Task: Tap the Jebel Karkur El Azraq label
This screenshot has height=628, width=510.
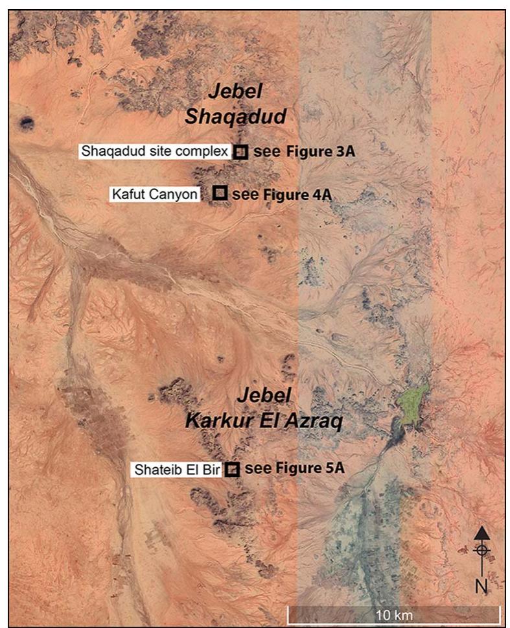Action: pyautogui.click(x=264, y=408)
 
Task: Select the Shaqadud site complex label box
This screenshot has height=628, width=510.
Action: pyautogui.click(x=155, y=151)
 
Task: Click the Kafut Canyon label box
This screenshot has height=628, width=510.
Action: pyautogui.click(x=155, y=193)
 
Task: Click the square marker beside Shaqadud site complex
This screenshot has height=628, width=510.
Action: pyautogui.click(x=240, y=152)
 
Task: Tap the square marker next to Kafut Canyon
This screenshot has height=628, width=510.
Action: pyautogui.click(x=220, y=193)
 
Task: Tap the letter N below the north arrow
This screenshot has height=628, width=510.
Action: pyautogui.click(x=481, y=586)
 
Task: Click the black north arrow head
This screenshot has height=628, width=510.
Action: pyautogui.click(x=481, y=533)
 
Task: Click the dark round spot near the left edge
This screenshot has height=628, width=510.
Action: pyautogui.click(x=27, y=121)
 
